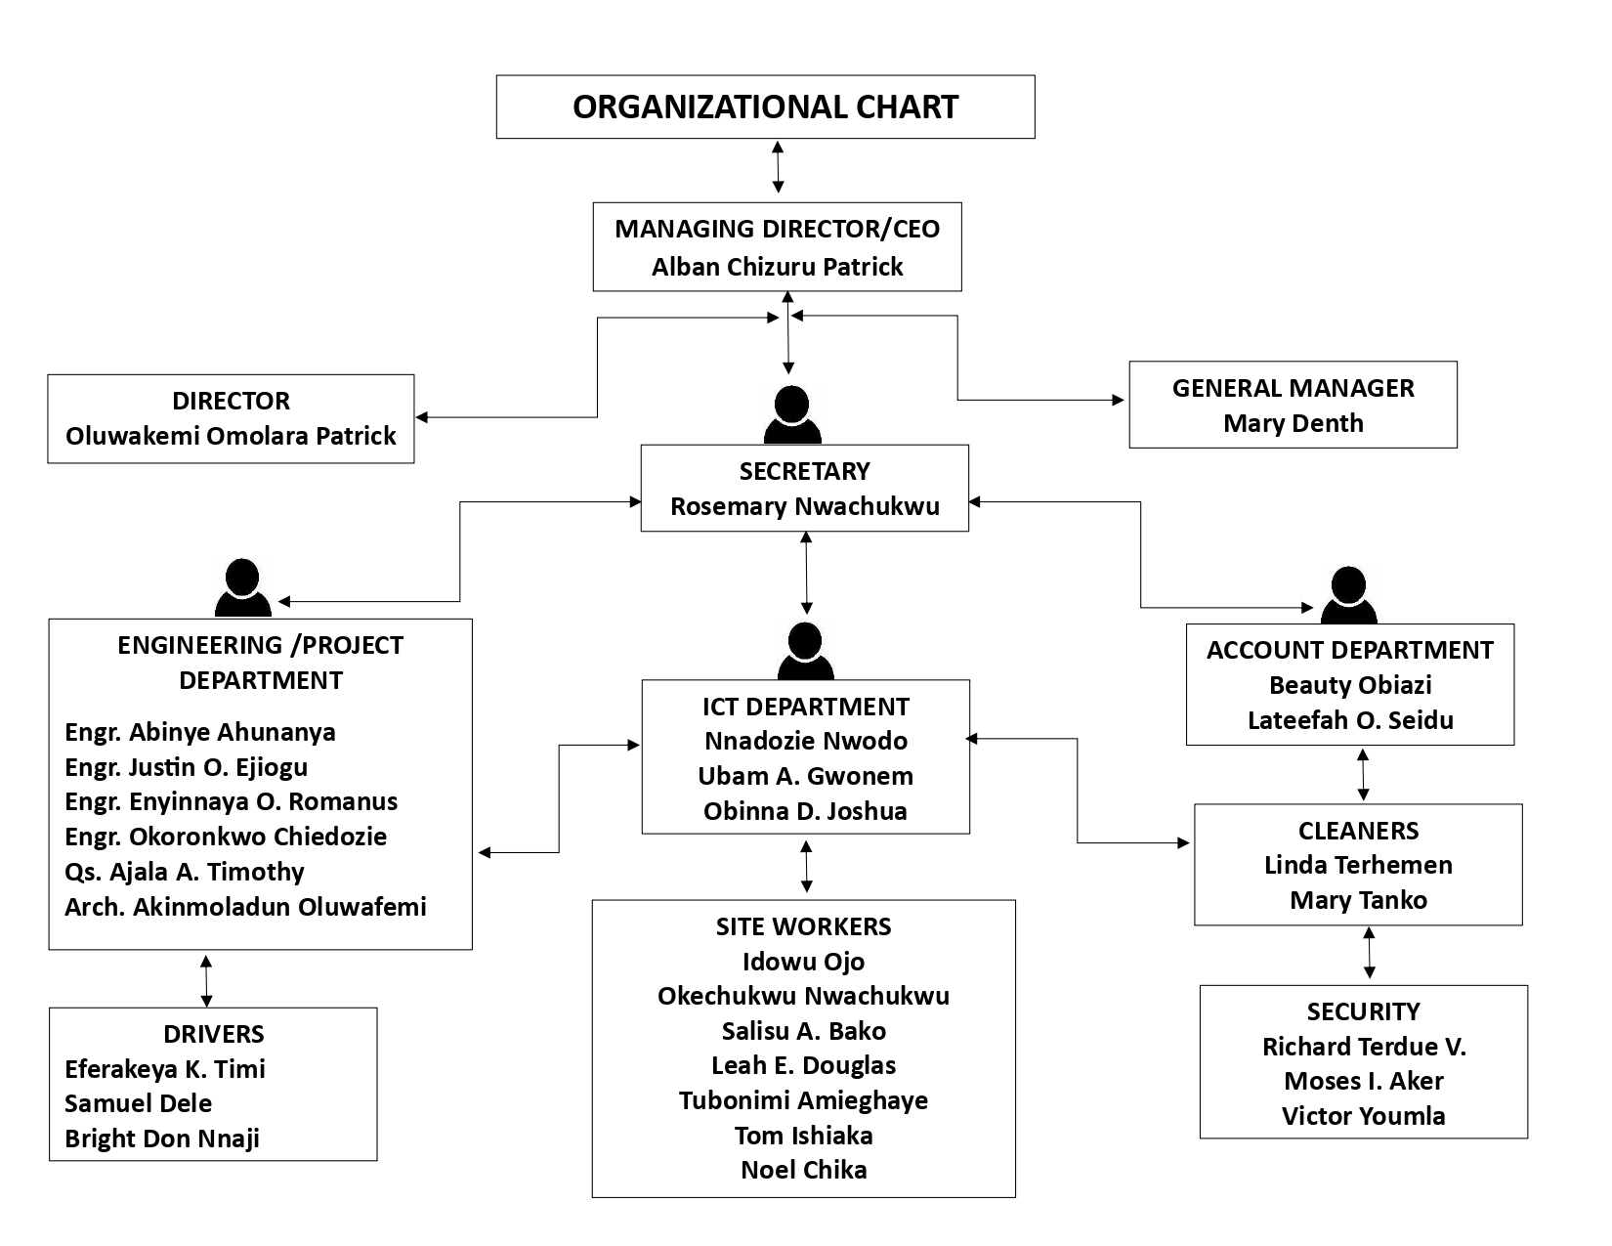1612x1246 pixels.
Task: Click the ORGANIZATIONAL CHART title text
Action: click(x=765, y=107)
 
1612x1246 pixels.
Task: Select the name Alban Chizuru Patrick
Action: click(x=777, y=267)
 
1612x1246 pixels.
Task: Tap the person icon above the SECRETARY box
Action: click(x=791, y=414)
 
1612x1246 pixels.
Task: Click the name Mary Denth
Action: click(x=1293, y=423)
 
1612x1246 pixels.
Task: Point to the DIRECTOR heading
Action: click(x=231, y=401)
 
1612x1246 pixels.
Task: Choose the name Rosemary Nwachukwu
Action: click(x=804, y=506)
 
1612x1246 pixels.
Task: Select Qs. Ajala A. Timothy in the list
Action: click(x=185, y=872)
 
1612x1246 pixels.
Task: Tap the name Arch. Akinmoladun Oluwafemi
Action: click(x=245, y=907)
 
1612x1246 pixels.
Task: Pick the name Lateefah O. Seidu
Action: click(x=1350, y=720)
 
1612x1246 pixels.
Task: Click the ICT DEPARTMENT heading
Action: click(x=805, y=707)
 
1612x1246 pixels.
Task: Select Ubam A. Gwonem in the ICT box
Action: click(x=805, y=776)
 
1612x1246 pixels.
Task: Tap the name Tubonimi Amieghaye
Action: click(x=803, y=1100)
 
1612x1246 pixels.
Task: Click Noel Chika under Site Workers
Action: click(x=803, y=1170)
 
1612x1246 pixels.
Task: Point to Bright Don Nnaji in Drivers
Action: click(x=162, y=1139)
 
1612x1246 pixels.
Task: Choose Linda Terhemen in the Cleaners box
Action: click(x=1358, y=865)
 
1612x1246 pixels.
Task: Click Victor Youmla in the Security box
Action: click(x=1363, y=1116)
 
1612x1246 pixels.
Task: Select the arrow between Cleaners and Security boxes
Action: click(x=1369, y=954)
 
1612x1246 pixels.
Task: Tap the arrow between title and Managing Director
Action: click(x=778, y=166)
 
